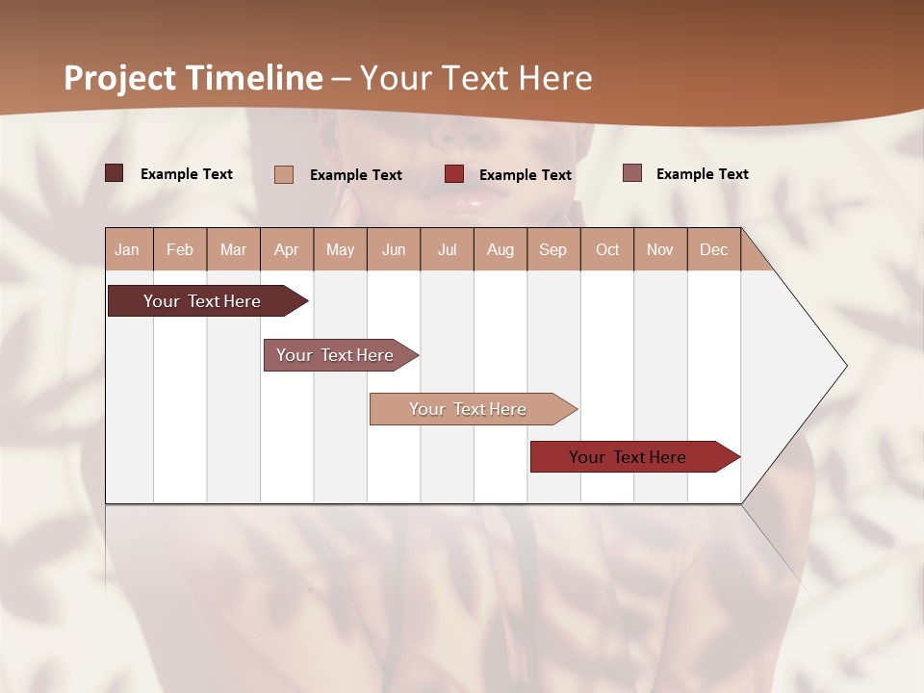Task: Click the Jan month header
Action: pos(127,249)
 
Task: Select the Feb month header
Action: pos(180,249)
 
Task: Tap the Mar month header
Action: pos(233,249)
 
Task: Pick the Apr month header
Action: pos(286,249)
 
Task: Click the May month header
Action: pos(340,249)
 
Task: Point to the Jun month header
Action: pos(394,249)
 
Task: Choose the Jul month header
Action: pos(447,249)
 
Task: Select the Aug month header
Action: pos(500,249)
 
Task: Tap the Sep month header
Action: pos(552,249)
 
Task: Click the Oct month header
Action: pos(607,249)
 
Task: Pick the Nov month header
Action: pos(660,249)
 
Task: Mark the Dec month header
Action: pos(713,249)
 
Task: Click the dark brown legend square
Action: pos(114,173)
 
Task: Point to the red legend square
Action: pos(454,173)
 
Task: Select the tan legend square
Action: pos(284,174)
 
